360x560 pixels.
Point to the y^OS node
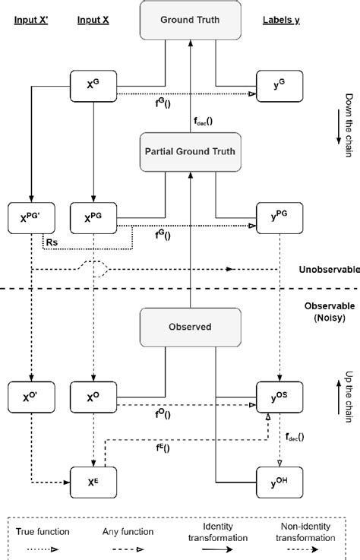click(278, 397)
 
